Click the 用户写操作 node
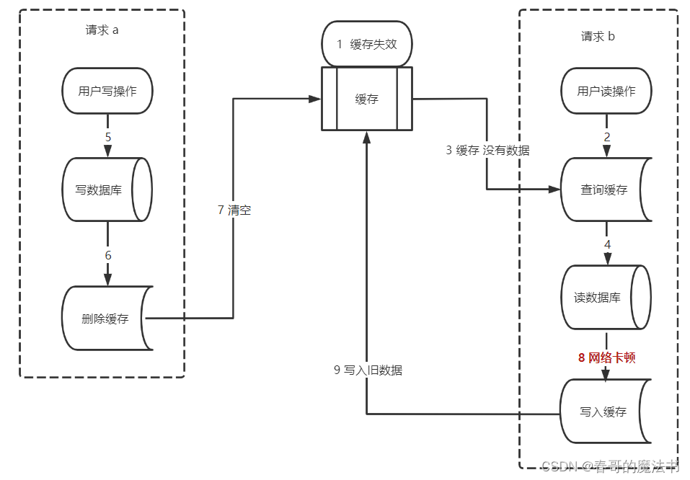tap(107, 91)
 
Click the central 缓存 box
tap(366, 99)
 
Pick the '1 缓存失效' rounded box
tap(366, 44)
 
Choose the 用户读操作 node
tap(606, 91)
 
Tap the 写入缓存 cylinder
tap(604, 412)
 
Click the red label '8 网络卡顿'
tap(606, 357)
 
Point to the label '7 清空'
tap(234, 210)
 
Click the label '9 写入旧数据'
tap(368, 370)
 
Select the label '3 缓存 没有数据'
tap(487, 151)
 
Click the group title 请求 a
tap(102, 31)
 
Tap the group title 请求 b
tap(598, 36)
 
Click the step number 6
tap(107, 255)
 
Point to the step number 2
tap(606, 137)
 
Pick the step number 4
tap(606, 244)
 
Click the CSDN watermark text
tap(610, 466)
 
